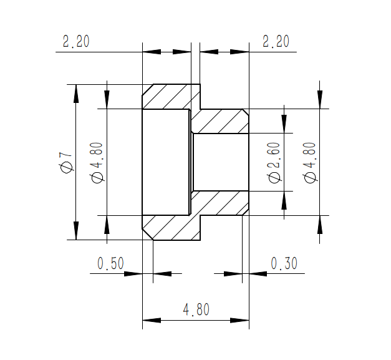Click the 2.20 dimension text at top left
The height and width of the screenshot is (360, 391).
76,42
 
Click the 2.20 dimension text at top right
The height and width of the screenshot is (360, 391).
276,42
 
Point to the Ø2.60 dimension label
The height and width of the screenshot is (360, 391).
274,162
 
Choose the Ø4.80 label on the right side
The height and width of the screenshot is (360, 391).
309,162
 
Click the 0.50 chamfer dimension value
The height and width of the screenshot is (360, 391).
110,264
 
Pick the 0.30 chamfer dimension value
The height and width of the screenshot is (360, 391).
284,264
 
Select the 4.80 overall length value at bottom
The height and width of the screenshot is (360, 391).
196,310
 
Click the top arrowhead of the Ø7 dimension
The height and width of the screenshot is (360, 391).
76,93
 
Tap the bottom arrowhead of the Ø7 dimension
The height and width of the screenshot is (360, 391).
76,230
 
